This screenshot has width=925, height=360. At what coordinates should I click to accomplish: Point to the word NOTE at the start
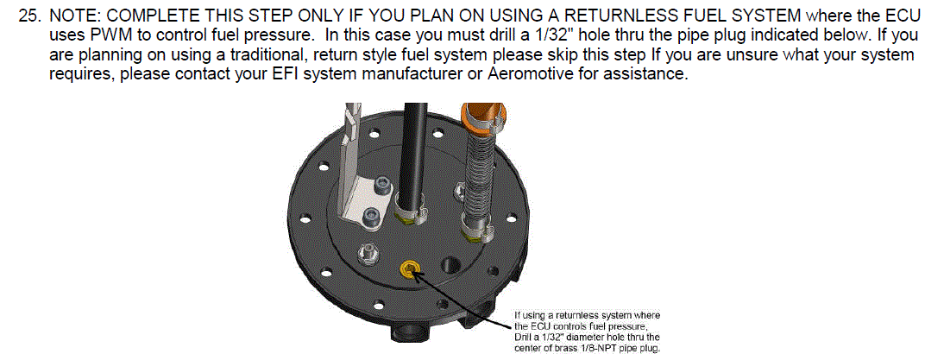73,16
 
